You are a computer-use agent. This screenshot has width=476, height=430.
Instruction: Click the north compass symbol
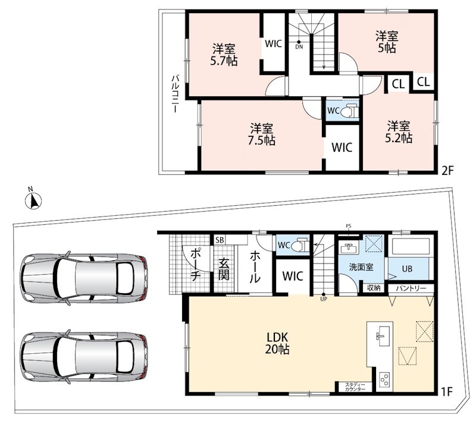(x=33, y=200)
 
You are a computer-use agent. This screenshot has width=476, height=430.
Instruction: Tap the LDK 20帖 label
(x=277, y=343)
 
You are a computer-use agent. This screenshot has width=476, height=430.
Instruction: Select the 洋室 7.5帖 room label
(x=262, y=134)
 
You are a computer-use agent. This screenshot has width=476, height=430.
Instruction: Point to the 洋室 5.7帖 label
(x=224, y=55)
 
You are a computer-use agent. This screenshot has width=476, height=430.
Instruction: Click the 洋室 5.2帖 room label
(x=399, y=131)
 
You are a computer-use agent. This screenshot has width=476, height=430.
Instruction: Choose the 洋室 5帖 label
(x=387, y=42)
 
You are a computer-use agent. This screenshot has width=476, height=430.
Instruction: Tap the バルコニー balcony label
(x=175, y=94)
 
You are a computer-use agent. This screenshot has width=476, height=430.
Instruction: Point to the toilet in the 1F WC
(x=300, y=244)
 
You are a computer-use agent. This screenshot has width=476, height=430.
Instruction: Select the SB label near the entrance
(x=220, y=240)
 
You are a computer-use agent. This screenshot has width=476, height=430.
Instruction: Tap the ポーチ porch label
(x=196, y=265)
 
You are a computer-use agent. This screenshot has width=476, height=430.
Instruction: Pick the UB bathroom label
(x=407, y=269)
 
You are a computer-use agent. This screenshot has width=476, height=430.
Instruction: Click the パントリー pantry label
(x=411, y=288)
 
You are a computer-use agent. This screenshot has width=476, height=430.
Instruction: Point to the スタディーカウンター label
(x=354, y=387)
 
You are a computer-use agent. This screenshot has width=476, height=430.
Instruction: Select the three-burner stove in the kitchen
(x=384, y=381)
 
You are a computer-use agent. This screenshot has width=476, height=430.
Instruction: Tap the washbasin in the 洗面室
(x=347, y=247)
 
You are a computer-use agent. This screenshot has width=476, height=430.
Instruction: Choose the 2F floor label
(x=447, y=171)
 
